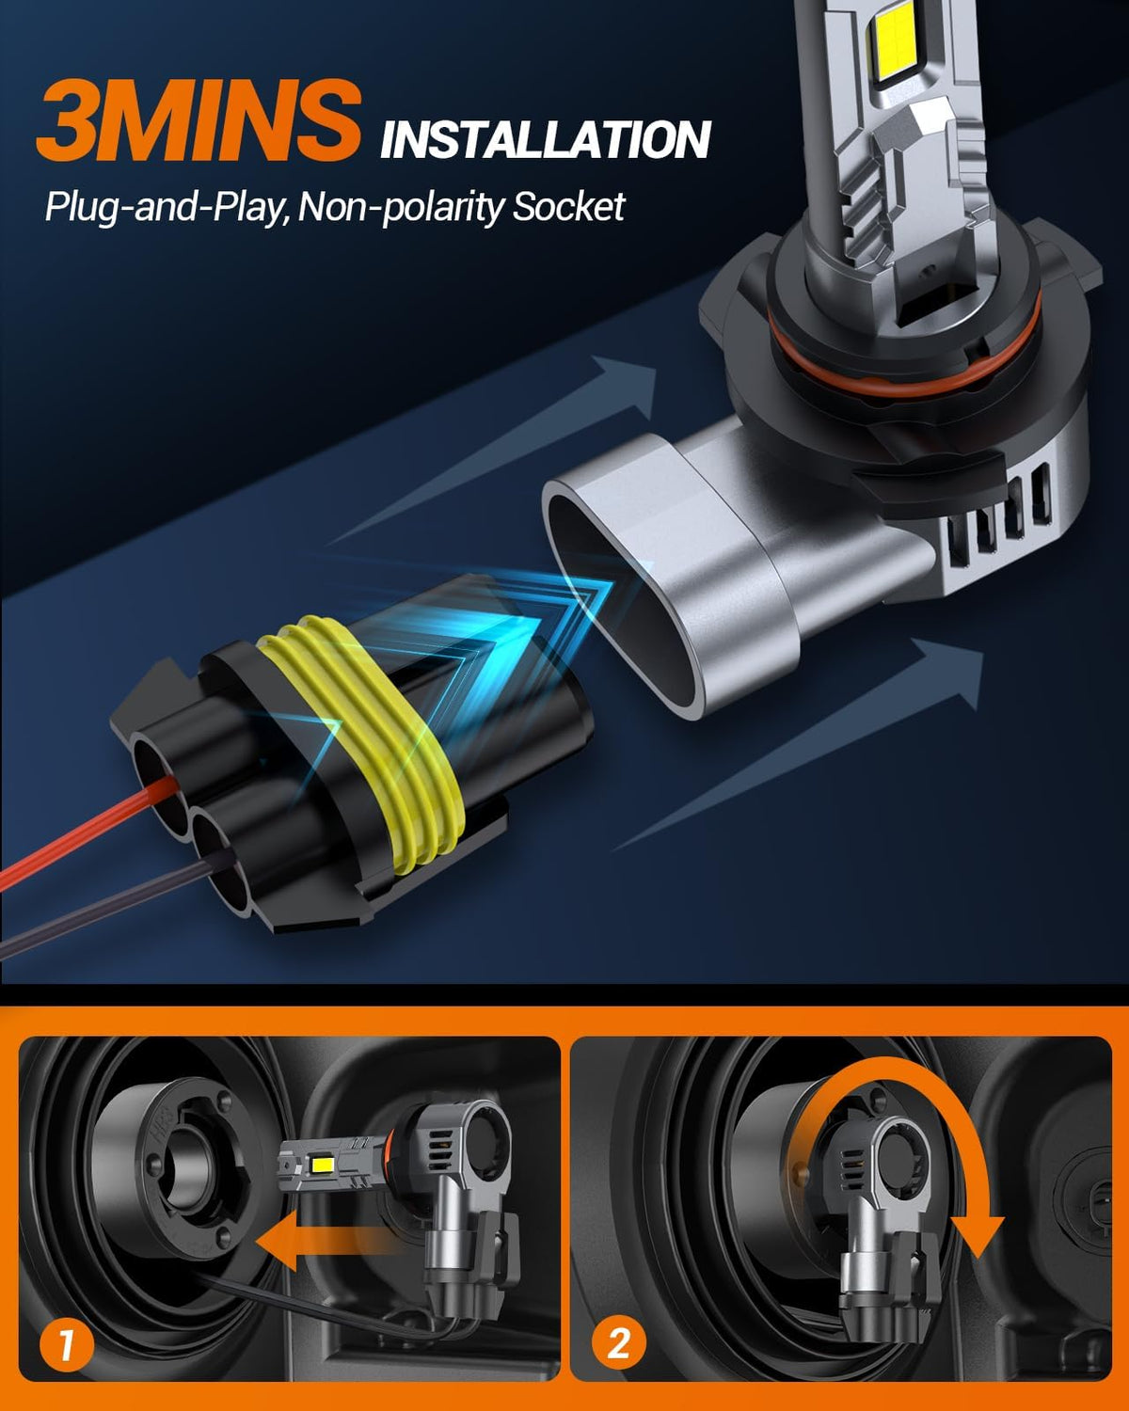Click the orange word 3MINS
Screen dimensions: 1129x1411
[x=199, y=120]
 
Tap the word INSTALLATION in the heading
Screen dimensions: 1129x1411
[x=546, y=139]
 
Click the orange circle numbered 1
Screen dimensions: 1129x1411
[x=67, y=1343]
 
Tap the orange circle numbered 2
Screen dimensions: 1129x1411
[x=619, y=1343]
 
